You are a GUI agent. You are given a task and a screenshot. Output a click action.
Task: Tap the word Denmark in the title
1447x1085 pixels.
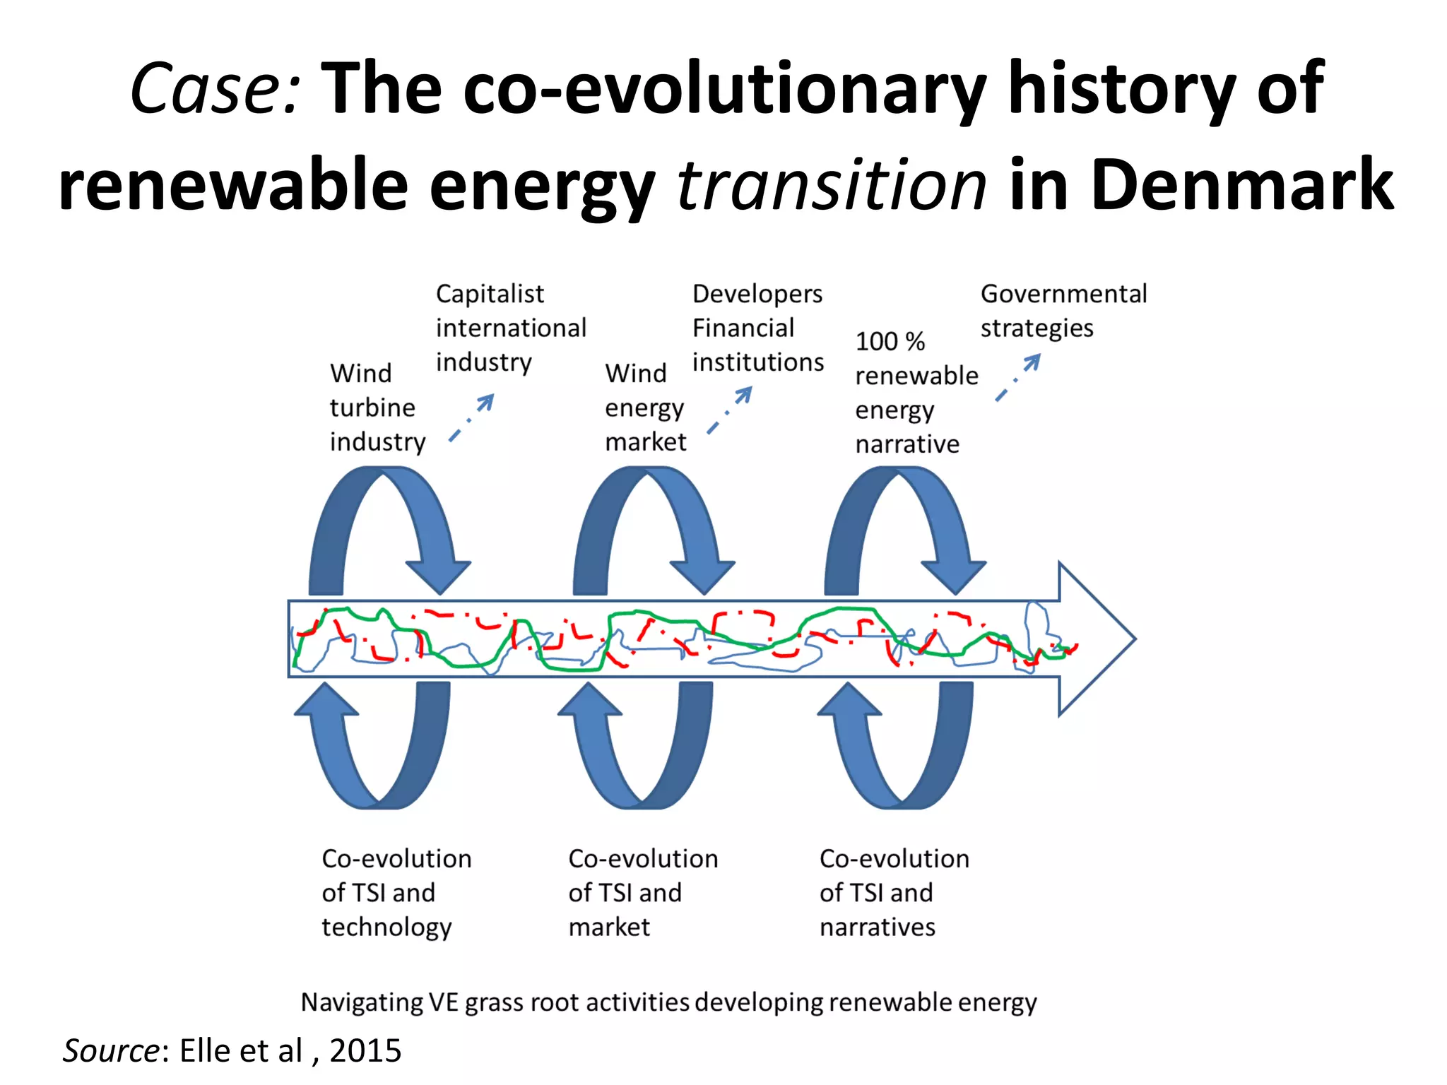(1201, 185)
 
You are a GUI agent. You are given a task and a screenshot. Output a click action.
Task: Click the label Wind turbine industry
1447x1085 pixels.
(377, 408)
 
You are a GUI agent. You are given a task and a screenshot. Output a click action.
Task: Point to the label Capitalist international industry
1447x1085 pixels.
(510, 328)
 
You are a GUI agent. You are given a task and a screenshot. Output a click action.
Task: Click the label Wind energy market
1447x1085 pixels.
(644, 408)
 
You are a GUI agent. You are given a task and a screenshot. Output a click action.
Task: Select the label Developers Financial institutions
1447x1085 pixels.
(757, 328)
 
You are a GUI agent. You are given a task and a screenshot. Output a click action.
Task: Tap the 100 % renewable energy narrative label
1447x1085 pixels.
(916, 393)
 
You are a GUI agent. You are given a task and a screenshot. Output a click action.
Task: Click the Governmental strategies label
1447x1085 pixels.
(1063, 311)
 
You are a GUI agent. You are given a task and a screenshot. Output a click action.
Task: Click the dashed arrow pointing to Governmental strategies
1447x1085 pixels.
(1018, 377)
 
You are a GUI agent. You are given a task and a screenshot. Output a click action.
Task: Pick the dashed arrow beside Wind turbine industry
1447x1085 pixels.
(471, 418)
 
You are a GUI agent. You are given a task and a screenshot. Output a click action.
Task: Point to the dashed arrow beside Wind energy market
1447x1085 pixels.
(730, 410)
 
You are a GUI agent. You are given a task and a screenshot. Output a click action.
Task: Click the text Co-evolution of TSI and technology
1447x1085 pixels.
(396, 892)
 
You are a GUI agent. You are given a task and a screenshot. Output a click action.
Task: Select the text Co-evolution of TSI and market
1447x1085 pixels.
(642, 892)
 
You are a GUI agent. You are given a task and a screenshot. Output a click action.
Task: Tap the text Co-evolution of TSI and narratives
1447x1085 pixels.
(894, 892)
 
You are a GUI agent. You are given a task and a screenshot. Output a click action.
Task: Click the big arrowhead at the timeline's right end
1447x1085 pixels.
(1095, 639)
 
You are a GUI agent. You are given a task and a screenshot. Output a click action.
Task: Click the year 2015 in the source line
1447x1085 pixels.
(365, 1050)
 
